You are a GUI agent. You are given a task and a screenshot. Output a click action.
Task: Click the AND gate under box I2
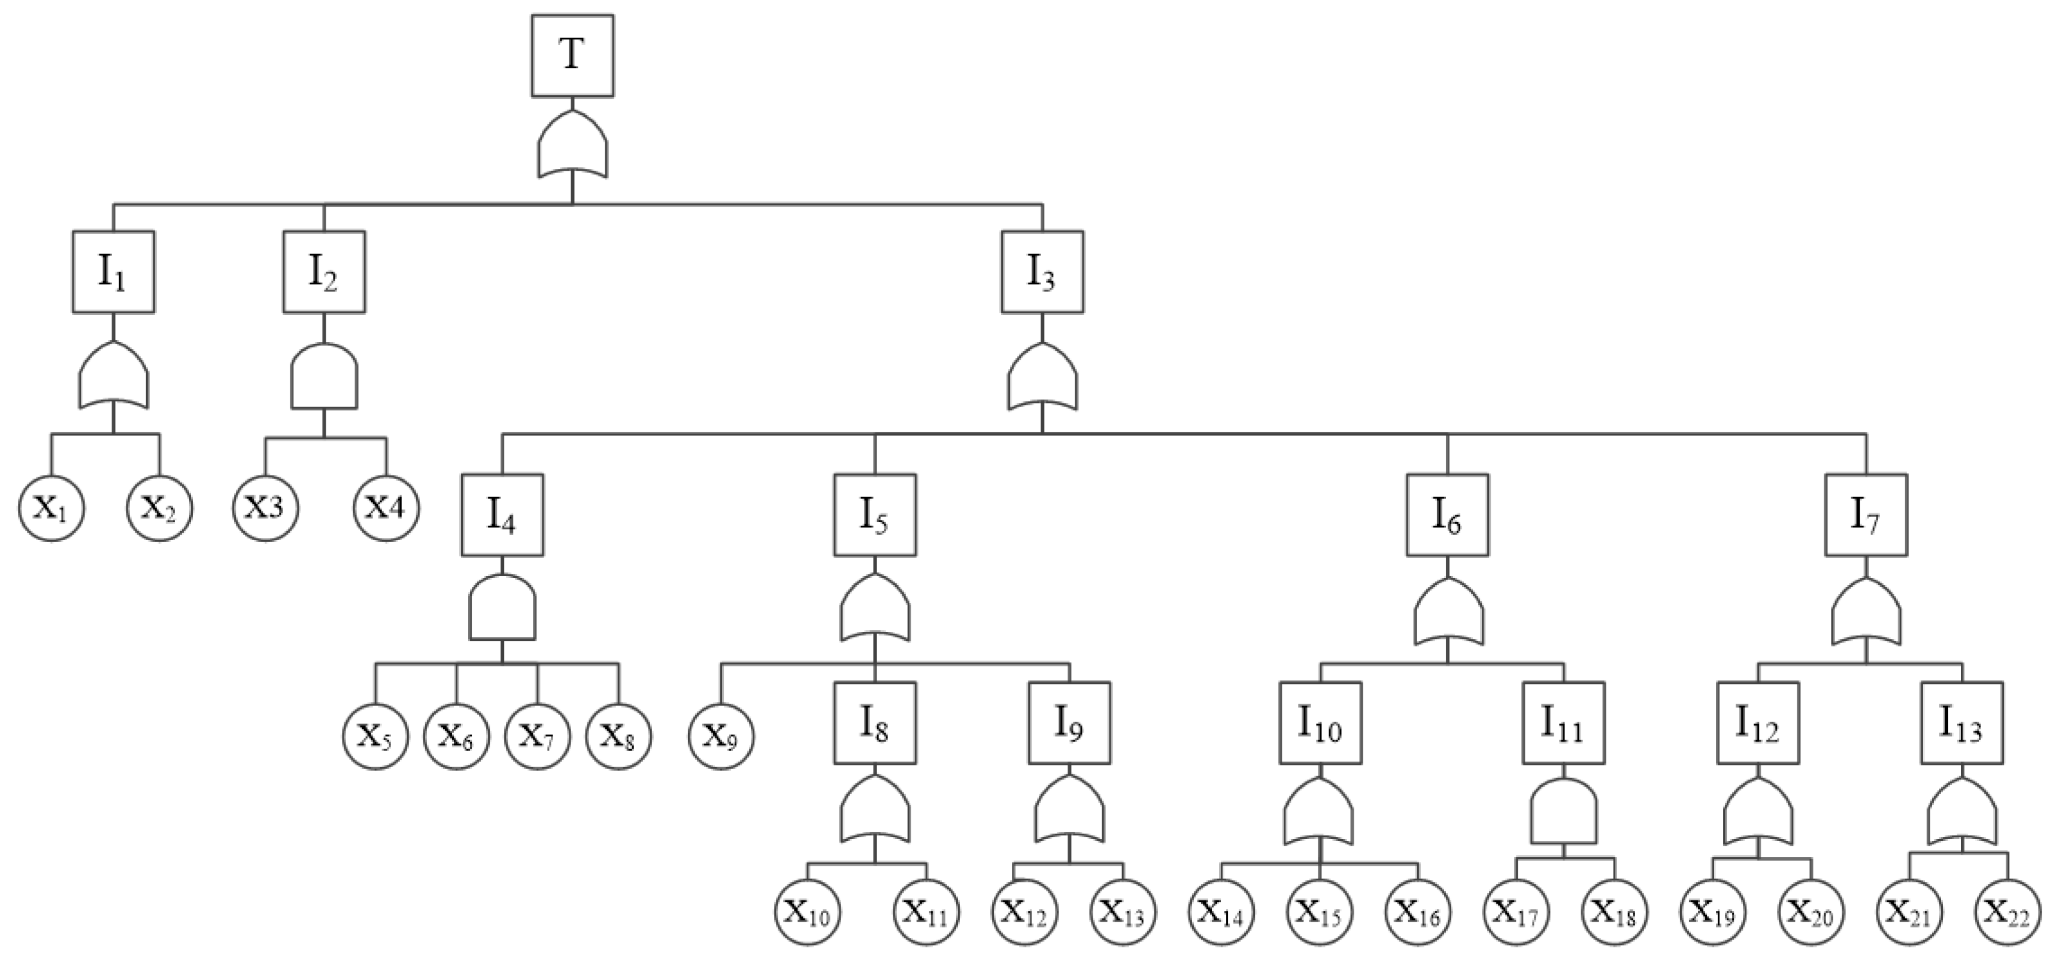(323, 377)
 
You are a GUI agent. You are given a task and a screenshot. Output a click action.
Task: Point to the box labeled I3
(1042, 271)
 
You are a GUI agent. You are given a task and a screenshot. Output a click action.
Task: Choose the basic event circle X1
(53, 508)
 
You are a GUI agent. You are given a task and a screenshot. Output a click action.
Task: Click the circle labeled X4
(386, 508)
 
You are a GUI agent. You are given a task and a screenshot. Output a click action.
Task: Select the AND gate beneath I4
(502, 608)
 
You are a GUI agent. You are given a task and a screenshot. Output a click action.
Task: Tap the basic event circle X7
(537, 736)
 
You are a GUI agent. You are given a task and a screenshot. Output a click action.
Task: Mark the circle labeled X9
(721, 736)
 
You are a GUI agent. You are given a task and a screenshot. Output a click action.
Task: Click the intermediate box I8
(875, 723)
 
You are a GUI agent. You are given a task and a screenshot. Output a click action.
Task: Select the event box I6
(1447, 515)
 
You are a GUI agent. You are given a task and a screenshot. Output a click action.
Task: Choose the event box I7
(1866, 515)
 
